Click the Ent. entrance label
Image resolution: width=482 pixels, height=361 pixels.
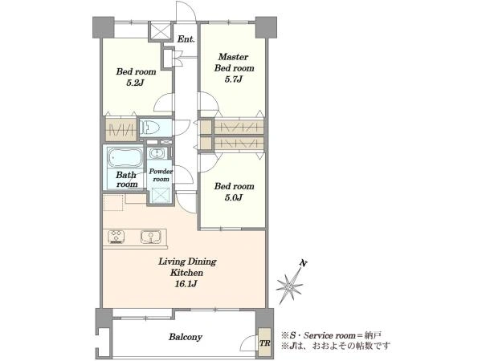(186, 39)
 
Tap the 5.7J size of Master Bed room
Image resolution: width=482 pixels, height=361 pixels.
(234, 79)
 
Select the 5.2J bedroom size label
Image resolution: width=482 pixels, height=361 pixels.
(136, 83)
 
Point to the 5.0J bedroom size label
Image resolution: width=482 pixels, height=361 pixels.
(234, 197)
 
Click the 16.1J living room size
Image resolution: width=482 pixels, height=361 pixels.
(186, 284)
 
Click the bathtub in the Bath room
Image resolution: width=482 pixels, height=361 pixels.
(125, 158)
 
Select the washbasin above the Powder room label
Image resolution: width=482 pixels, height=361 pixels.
(157, 153)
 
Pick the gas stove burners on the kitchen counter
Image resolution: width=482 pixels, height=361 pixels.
(116, 237)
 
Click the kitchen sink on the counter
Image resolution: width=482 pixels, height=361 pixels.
(151, 237)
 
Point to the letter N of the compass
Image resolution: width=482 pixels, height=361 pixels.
(304, 263)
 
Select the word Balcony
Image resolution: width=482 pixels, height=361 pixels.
(186, 337)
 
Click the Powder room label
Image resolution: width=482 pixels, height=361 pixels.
(161, 175)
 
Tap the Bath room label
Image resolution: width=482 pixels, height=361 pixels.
(127, 180)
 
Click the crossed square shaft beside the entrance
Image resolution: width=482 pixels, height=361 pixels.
(160, 30)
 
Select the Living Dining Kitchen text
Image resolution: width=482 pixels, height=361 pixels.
(187, 267)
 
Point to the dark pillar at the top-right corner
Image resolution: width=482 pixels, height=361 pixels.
(266, 27)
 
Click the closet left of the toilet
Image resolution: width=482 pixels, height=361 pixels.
(120, 129)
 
